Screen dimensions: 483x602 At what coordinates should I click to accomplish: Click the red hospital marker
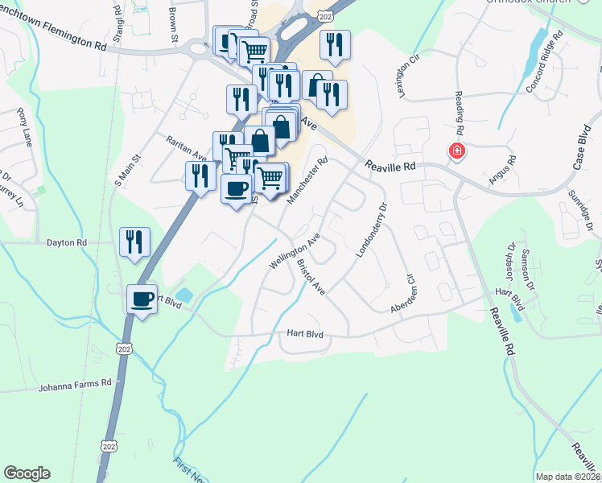click(x=456, y=151)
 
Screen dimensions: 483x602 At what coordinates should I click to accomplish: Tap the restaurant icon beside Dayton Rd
click(x=134, y=242)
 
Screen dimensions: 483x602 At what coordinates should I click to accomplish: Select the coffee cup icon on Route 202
click(x=142, y=299)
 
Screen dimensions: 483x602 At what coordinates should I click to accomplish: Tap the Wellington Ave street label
click(x=295, y=252)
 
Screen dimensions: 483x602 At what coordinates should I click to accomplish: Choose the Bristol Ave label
click(x=310, y=276)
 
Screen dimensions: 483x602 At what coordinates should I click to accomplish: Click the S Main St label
click(x=128, y=167)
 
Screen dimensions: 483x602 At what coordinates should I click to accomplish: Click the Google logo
click(x=27, y=473)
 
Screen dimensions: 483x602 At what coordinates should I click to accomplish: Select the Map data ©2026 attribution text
click(x=567, y=477)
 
